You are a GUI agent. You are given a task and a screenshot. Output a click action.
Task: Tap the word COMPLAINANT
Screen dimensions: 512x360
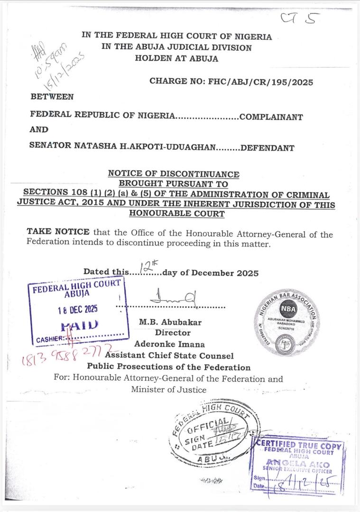tap(271, 117)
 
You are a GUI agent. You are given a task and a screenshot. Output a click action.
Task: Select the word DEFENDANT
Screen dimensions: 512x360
tap(268, 147)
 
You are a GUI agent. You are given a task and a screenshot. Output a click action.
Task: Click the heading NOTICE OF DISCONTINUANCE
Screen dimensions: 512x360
tap(174, 174)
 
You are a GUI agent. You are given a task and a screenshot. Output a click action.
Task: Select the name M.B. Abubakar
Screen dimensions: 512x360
tap(170, 322)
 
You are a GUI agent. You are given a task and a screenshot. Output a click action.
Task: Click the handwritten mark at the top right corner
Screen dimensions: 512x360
tap(299, 19)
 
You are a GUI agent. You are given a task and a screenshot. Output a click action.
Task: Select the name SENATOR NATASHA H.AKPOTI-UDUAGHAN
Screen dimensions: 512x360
tap(122, 147)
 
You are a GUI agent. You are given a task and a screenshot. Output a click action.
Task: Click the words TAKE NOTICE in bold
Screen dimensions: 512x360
tap(58, 232)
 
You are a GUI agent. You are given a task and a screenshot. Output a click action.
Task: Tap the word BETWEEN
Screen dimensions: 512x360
tap(52, 97)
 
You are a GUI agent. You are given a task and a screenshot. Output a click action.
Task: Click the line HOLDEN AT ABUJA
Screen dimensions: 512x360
tap(176, 59)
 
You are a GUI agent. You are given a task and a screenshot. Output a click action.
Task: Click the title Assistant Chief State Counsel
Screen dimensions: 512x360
tap(169, 356)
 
